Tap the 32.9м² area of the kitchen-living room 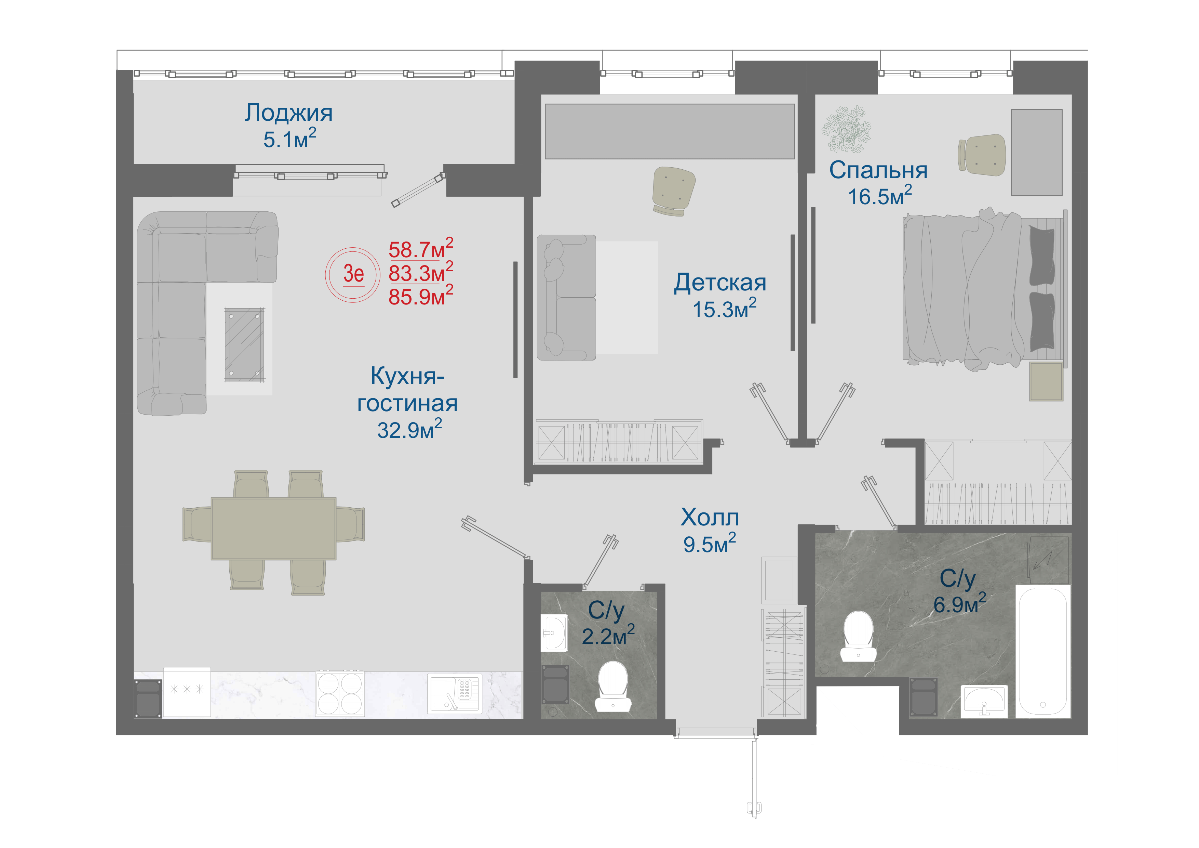pyautogui.click(x=410, y=430)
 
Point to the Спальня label pyautogui.click(x=878, y=171)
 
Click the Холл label pyautogui.click(x=710, y=517)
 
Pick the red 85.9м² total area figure pyautogui.click(x=421, y=296)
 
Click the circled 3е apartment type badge pyautogui.click(x=353, y=274)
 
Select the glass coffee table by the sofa pyautogui.click(x=244, y=345)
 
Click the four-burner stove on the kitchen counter pyautogui.click(x=340, y=693)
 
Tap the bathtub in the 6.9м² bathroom pyautogui.click(x=1043, y=651)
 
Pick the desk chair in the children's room pyautogui.click(x=673, y=190)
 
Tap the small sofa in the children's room pyautogui.click(x=567, y=297)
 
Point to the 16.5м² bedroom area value pyautogui.click(x=880, y=196)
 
